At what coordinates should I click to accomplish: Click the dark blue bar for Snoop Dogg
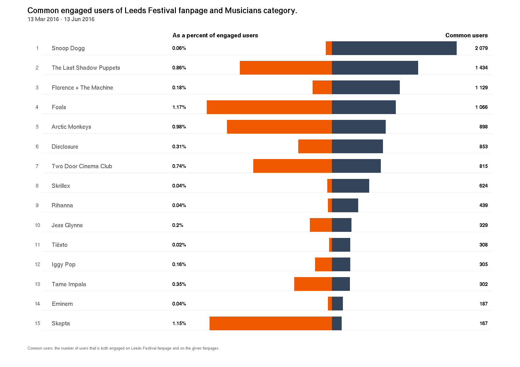(394, 48)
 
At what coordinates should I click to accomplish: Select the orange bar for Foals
(269, 107)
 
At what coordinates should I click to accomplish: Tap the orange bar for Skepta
(270, 323)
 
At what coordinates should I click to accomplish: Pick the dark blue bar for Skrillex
(351, 186)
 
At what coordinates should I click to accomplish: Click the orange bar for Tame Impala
(313, 284)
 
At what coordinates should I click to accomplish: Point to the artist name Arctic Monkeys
(71, 127)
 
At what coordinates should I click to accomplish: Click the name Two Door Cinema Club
(82, 166)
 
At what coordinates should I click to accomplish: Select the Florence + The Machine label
(82, 88)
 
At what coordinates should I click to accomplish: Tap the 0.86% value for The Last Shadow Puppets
(179, 68)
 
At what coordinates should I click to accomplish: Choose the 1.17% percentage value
(179, 107)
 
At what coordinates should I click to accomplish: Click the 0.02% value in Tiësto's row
(179, 245)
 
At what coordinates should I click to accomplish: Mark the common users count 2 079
(481, 48)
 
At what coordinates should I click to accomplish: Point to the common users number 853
(483, 146)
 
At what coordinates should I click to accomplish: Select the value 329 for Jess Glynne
(483, 225)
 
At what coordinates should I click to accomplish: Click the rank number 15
(37, 323)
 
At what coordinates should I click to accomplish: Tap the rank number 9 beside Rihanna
(37, 205)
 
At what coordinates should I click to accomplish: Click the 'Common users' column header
(466, 35)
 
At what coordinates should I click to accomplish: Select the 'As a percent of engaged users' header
(215, 35)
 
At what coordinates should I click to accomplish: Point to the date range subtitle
(61, 19)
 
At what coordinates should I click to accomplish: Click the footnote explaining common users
(123, 348)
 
